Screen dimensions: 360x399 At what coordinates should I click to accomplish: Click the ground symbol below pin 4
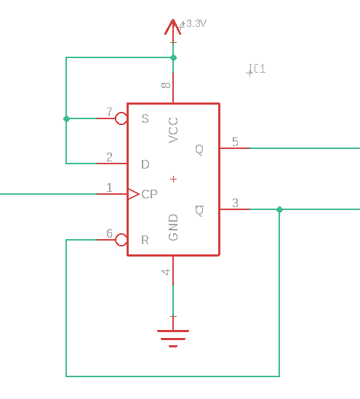173,338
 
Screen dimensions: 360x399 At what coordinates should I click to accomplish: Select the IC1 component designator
257,69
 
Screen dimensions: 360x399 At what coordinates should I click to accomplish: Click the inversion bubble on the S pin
121,118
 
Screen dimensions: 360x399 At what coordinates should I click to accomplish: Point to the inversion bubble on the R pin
121,240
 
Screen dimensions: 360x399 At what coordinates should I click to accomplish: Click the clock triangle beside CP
133,194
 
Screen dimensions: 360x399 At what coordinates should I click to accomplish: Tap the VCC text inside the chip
173,130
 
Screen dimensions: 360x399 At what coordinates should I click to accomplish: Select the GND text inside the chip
173,227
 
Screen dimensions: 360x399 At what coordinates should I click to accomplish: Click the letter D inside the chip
145,164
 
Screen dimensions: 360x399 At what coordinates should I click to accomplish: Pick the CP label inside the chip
149,194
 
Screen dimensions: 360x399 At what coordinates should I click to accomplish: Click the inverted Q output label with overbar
199,211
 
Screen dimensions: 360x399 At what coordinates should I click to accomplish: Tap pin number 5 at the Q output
235,142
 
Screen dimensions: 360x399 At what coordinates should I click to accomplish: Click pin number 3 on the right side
235,203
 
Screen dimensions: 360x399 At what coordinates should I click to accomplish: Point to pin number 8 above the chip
166,85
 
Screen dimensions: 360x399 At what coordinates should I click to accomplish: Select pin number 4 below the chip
166,272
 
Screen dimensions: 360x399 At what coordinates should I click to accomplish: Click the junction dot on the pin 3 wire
279,209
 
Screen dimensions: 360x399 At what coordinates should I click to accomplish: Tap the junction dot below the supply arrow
173,57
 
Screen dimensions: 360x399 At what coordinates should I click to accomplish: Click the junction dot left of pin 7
66,118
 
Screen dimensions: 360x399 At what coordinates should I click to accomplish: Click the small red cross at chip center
173,179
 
